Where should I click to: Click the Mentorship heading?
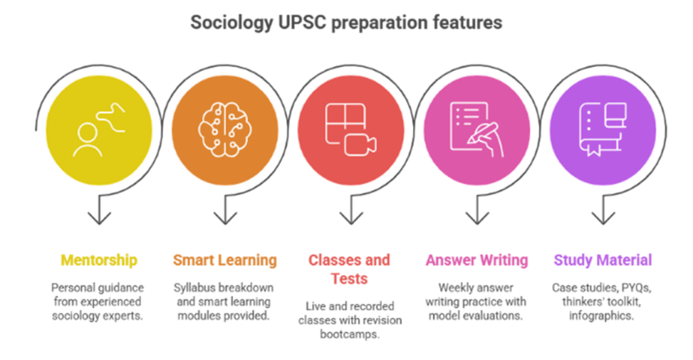point(99,260)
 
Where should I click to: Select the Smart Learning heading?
point(225,260)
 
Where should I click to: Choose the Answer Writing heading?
point(476,260)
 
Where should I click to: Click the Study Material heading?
point(603,260)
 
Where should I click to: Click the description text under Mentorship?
point(99,300)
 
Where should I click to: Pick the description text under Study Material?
point(603,300)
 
